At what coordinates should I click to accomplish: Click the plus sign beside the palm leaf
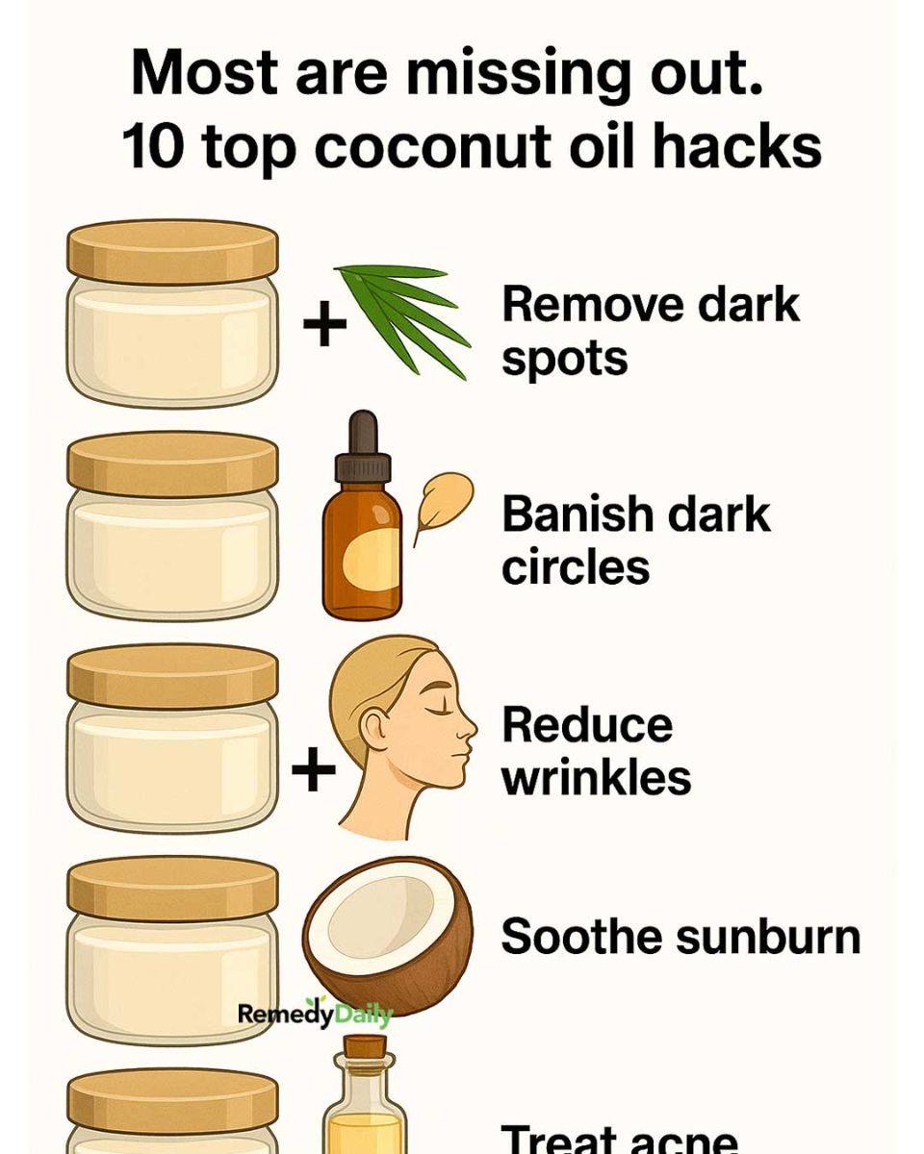tap(324, 323)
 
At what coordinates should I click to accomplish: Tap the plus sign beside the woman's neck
tap(314, 770)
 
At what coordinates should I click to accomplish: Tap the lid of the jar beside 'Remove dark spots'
tap(172, 252)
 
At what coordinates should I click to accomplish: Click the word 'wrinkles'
tap(596, 778)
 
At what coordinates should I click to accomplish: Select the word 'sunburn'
tap(768, 937)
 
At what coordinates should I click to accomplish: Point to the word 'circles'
tap(576, 566)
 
